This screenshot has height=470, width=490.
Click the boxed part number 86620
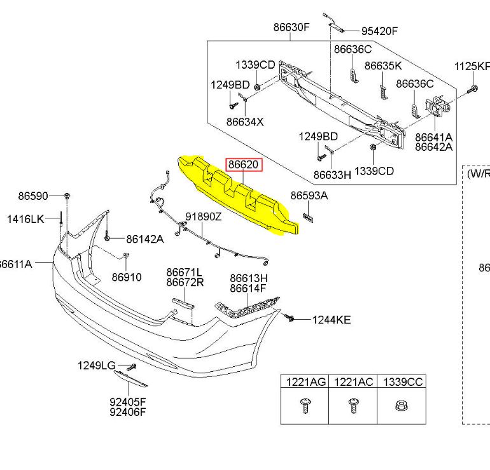(x=244, y=165)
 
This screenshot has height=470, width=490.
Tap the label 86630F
(x=291, y=27)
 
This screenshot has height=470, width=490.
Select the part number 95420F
(x=379, y=31)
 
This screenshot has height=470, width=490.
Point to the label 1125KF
(x=472, y=66)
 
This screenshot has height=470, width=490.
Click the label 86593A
(x=309, y=196)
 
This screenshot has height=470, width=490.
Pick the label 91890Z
(x=204, y=217)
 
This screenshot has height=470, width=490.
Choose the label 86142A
(x=144, y=239)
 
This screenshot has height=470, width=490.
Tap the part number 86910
(x=127, y=277)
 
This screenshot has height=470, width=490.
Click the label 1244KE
(x=331, y=320)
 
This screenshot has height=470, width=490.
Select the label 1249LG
(x=97, y=365)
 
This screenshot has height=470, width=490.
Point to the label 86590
(x=33, y=196)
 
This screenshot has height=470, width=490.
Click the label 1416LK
(x=25, y=219)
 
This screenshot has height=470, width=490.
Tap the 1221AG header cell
(x=305, y=381)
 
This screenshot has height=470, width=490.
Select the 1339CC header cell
(x=402, y=381)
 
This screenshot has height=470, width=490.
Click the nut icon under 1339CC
(x=402, y=405)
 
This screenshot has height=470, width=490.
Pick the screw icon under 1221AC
(x=353, y=405)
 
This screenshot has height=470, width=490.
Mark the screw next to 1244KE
(x=290, y=317)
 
